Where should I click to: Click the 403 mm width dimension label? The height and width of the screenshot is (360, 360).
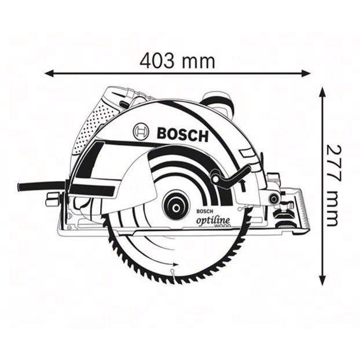tap(178, 61)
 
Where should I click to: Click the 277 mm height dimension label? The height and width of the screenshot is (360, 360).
tap(333, 185)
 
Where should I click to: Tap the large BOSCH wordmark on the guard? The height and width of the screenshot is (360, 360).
tap(182, 134)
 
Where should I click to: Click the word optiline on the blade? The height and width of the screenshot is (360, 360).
tap(213, 221)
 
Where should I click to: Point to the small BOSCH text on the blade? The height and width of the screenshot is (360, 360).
tap(204, 211)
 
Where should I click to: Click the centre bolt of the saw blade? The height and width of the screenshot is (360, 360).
tap(177, 208)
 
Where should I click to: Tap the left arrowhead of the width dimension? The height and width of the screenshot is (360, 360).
tap(49, 74)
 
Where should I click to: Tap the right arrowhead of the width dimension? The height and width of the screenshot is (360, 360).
tap(306, 74)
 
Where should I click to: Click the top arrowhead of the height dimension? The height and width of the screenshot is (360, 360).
tap(323, 92)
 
